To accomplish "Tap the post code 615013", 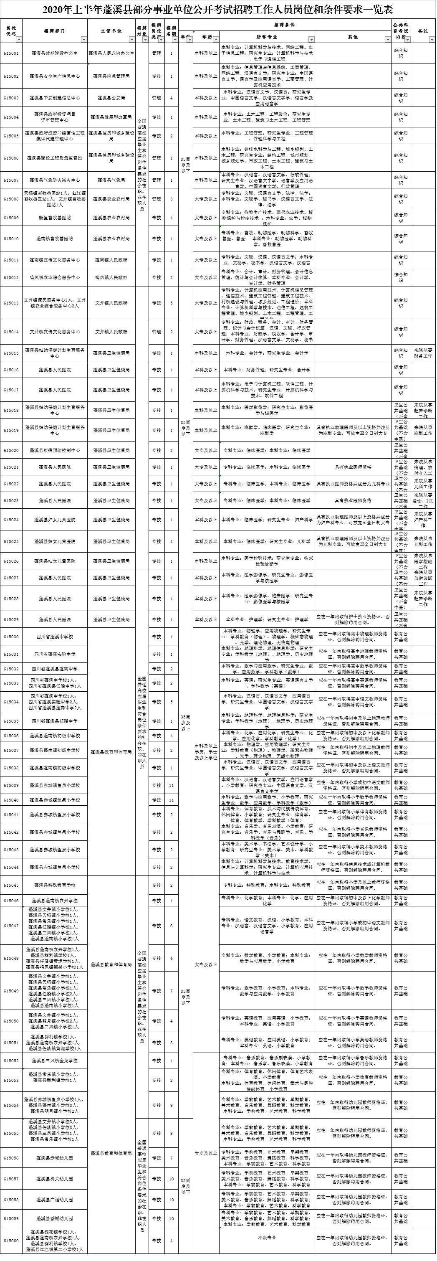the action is pyautogui.click(x=11, y=303).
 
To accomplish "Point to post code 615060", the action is pyautogui.click(x=11, y=1241).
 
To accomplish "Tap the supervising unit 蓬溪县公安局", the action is pyautogui.click(x=111, y=98).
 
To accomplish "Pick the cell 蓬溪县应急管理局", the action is pyautogui.click(x=111, y=76).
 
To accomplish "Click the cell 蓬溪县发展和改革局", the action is pyautogui.click(x=111, y=117).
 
